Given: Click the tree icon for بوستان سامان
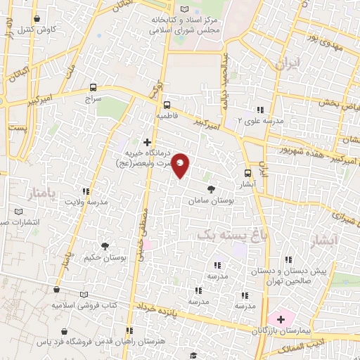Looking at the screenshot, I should tap(211, 188).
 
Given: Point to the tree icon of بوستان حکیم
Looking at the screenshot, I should tap(105, 246).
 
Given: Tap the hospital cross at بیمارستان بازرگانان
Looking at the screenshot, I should tap(280, 319).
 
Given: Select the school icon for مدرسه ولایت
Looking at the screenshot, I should tap(86, 191).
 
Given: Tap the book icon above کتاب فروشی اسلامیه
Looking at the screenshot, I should tap(85, 295).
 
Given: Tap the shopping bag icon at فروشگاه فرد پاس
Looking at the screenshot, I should tap(65, 331).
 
